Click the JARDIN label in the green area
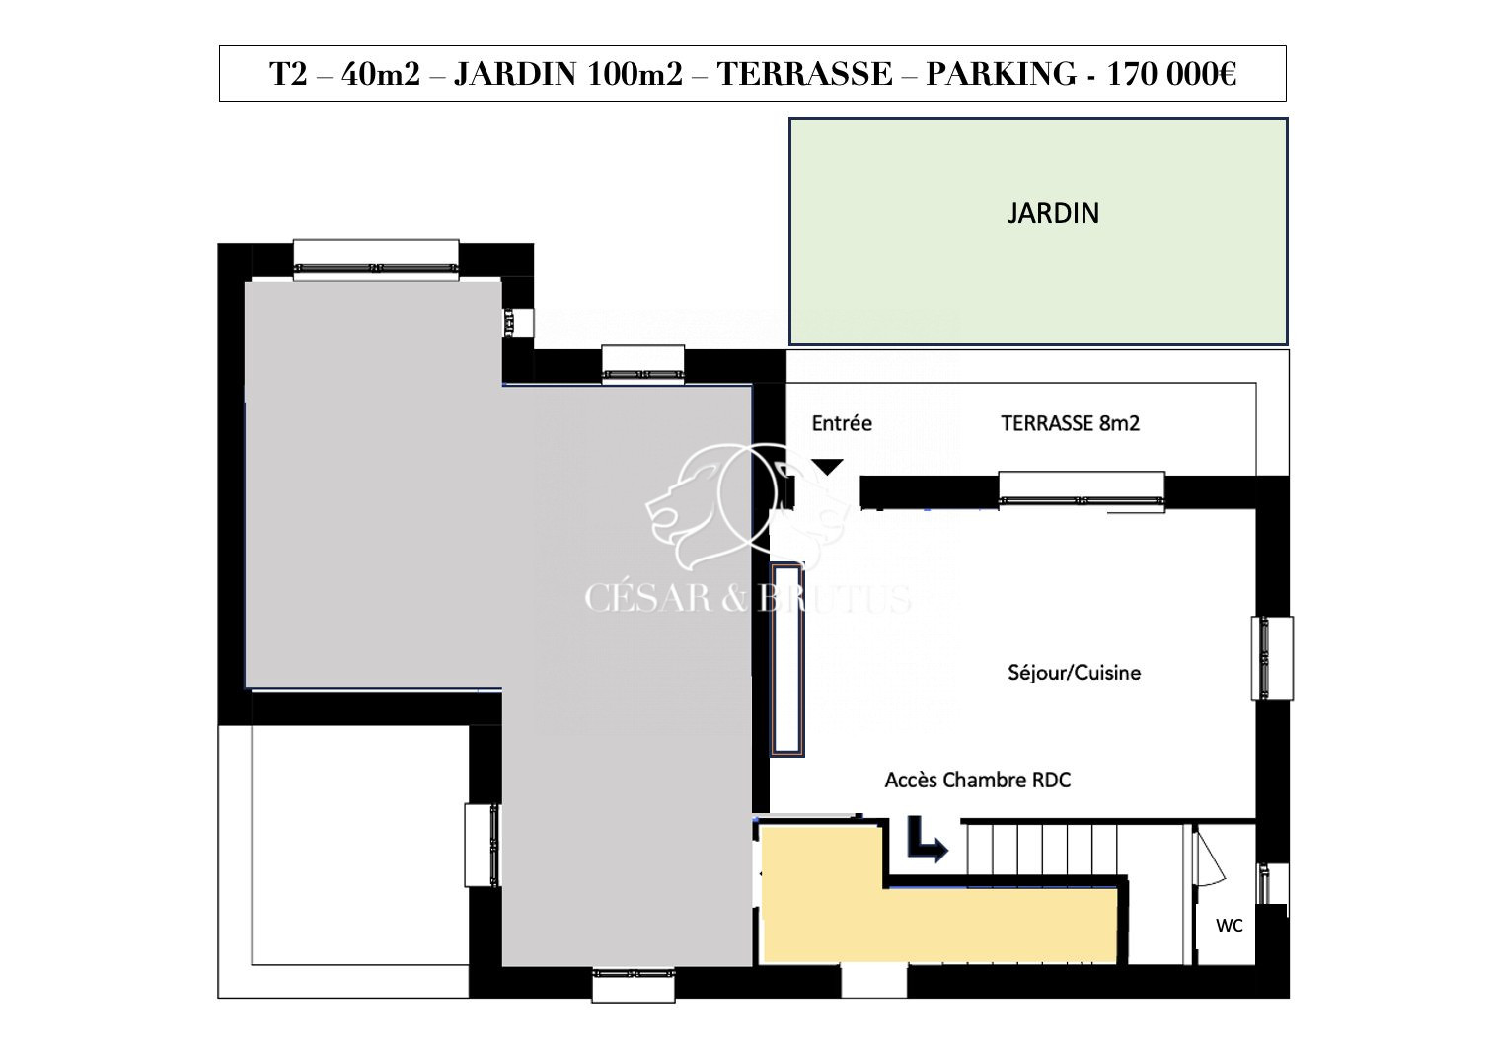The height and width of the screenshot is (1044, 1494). [1053, 213]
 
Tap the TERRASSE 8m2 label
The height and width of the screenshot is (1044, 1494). [1071, 423]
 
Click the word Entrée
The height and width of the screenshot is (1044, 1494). [842, 423]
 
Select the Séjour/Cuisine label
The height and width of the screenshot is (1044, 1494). [1075, 673]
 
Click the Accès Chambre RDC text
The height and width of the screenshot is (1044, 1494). [978, 780]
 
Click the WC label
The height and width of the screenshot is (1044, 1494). [1230, 926]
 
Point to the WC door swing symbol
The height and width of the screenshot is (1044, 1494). [1209, 859]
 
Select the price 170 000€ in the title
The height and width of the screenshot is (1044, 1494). [1172, 74]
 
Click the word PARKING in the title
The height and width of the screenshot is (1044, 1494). [1002, 74]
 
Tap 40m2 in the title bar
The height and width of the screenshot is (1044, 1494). [381, 74]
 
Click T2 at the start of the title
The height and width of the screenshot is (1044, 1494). [288, 74]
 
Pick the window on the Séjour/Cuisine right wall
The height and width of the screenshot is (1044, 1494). [1272, 658]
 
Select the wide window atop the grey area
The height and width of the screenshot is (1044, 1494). [376, 261]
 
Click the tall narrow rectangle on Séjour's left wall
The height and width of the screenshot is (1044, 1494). [787, 659]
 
